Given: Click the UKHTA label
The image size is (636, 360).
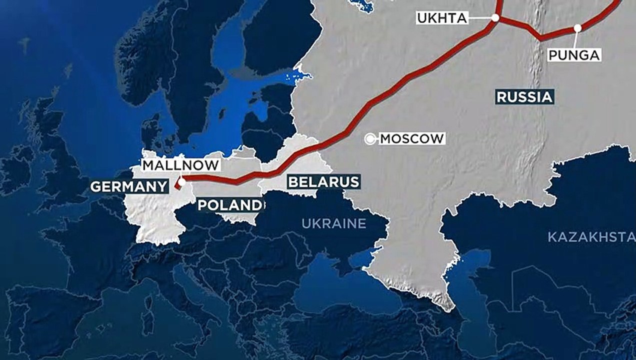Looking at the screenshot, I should pos(442,18).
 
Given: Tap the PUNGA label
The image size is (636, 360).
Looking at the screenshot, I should pos(574,54).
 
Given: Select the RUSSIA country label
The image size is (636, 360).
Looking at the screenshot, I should pos(524,97).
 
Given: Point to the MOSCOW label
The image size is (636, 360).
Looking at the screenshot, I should pos(411,138).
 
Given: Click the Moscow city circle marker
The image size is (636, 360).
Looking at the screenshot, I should pos(370,139).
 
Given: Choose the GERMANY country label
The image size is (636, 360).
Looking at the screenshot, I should pos(128,186).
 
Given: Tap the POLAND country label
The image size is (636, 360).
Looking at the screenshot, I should pos(229,205).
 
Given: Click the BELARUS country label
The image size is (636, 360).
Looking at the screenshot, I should pos(323,181).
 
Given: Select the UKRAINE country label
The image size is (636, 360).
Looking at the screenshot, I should pos(333,223).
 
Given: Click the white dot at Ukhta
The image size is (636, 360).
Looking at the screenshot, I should pos(495,17).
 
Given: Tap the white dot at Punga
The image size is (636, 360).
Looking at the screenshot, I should pos(577,28).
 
